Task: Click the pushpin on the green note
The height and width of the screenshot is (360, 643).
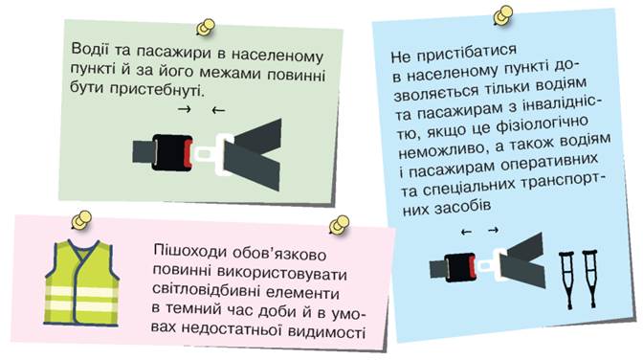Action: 206,28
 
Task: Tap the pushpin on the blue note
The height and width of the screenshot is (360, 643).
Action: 502,16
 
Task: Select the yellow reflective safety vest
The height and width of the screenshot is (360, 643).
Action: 82,282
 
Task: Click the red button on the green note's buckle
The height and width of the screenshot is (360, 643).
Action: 188,153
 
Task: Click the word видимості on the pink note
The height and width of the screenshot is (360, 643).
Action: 326,331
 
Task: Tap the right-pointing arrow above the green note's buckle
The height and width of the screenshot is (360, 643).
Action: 185,109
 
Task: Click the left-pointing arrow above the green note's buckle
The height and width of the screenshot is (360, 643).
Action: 218,110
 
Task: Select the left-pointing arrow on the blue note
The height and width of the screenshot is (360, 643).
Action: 466,233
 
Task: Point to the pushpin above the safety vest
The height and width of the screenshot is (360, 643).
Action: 81,221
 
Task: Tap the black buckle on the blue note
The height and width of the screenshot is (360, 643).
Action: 459,267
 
